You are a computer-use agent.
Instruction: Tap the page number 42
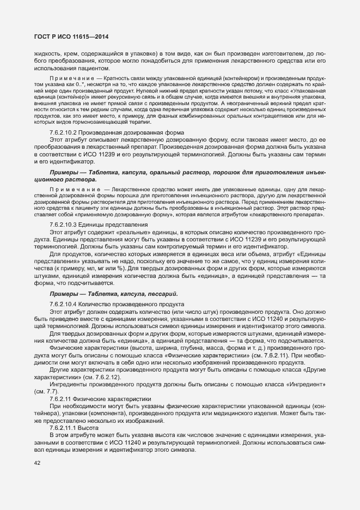pos(38,463)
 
